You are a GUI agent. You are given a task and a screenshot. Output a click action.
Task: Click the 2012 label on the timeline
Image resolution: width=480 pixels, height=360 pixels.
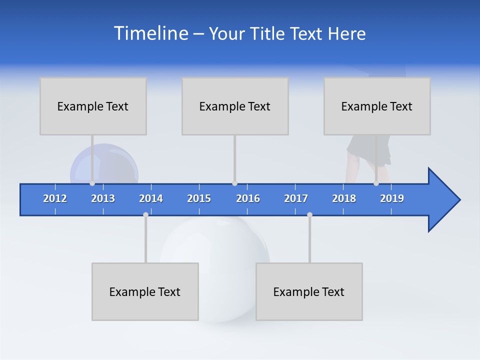coord(55,198)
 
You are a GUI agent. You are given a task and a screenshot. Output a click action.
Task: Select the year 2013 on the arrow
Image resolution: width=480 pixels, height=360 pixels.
coord(103,198)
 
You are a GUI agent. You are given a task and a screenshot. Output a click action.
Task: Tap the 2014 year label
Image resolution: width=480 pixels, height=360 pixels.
coord(151,198)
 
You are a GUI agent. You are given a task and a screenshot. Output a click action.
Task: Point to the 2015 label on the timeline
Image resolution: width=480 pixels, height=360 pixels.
coord(199,198)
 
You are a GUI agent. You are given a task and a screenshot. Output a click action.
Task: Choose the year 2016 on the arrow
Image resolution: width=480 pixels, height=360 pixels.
coord(248,198)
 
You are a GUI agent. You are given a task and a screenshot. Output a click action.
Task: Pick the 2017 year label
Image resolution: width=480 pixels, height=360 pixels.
coord(296,198)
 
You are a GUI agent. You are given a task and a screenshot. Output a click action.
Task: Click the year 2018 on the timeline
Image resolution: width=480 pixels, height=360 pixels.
coord(344,198)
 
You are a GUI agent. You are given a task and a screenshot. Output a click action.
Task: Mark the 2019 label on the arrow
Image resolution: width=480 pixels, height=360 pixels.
coord(392,198)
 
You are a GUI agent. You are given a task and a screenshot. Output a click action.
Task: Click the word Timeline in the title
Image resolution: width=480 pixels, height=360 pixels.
coord(150,33)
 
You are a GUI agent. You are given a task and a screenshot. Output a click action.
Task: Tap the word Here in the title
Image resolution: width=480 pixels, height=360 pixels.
coord(346,33)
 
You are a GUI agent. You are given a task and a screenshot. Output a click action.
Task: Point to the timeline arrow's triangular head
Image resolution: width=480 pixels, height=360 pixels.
coord(443,200)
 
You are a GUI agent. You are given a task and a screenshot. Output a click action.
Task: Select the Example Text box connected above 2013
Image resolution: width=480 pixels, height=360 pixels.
coord(93,106)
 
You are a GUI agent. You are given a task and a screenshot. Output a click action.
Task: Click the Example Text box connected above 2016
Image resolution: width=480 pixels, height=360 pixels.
coord(235,106)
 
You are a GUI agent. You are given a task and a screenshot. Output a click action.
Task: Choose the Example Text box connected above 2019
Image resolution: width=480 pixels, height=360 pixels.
coord(377,106)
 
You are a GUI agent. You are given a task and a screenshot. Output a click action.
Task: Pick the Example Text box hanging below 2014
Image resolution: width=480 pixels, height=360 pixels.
coord(145,291)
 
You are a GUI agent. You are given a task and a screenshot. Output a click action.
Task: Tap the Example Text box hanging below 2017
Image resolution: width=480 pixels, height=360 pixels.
coord(309,291)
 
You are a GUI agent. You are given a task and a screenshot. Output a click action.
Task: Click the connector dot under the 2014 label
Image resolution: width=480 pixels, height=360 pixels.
coord(145,214)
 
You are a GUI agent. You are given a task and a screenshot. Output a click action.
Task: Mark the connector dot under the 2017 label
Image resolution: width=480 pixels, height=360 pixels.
coord(309,214)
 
